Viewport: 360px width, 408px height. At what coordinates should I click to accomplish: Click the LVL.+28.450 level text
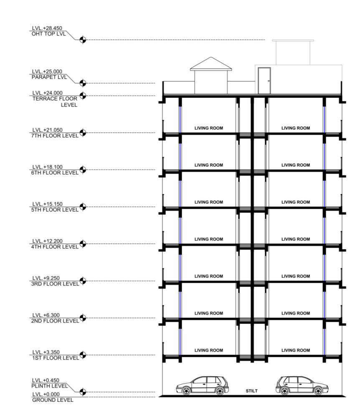(x=47, y=28)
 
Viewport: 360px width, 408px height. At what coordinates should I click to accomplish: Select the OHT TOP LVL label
(x=48, y=34)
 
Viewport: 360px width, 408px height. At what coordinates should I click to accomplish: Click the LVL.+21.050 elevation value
(x=47, y=130)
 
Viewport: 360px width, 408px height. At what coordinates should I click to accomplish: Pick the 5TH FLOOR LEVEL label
(x=54, y=210)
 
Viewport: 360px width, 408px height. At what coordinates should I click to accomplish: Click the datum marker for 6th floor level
(x=83, y=170)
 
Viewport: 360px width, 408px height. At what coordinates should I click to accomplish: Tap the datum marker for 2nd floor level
(x=83, y=318)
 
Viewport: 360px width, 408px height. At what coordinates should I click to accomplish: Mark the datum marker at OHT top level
(x=83, y=40)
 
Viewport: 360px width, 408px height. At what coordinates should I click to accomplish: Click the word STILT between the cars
(x=251, y=391)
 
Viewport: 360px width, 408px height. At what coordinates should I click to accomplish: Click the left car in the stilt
(x=203, y=385)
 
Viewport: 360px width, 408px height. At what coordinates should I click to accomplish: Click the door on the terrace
(x=264, y=80)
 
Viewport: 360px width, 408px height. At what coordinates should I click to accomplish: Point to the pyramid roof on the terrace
(x=211, y=63)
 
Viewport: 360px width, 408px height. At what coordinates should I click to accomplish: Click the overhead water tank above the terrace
(x=293, y=52)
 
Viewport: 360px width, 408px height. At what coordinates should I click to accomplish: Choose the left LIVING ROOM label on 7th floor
(x=208, y=128)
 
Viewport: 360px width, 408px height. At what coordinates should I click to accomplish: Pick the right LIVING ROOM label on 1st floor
(x=296, y=350)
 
